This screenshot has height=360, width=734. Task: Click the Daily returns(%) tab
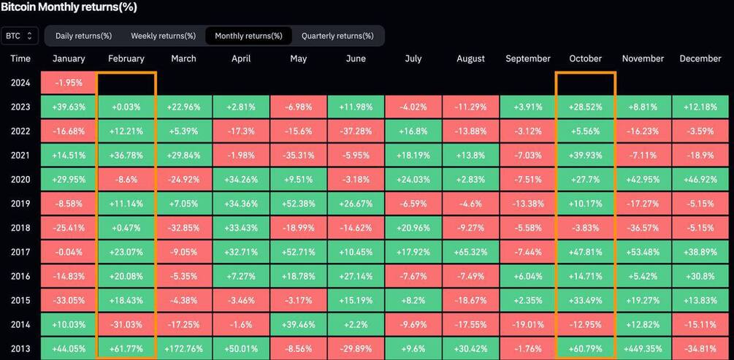tap(83, 36)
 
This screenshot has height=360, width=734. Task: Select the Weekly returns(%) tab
tap(164, 36)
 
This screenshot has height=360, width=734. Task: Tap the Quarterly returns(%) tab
tap(337, 36)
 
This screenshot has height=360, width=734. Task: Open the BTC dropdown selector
tap(19, 36)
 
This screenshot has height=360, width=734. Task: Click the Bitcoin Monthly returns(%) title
tap(69, 7)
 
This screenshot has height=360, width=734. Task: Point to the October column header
tap(585, 58)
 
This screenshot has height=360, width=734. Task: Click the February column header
tap(126, 58)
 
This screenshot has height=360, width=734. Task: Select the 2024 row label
tap(20, 83)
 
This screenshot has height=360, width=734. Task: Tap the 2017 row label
tap(20, 252)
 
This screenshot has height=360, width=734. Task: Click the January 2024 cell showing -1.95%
tap(69, 83)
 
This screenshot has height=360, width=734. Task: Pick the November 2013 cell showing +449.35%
tap(643, 349)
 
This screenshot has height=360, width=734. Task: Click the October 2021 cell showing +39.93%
tap(585, 155)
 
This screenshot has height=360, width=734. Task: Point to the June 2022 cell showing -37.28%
tap(356, 131)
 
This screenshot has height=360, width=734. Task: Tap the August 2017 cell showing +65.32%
tap(470, 252)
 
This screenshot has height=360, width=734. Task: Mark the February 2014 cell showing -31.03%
tap(126, 324)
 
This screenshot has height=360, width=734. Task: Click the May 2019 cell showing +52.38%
tap(298, 203)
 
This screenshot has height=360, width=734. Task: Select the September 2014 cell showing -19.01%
tap(527, 324)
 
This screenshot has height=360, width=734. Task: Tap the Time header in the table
tap(20, 58)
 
